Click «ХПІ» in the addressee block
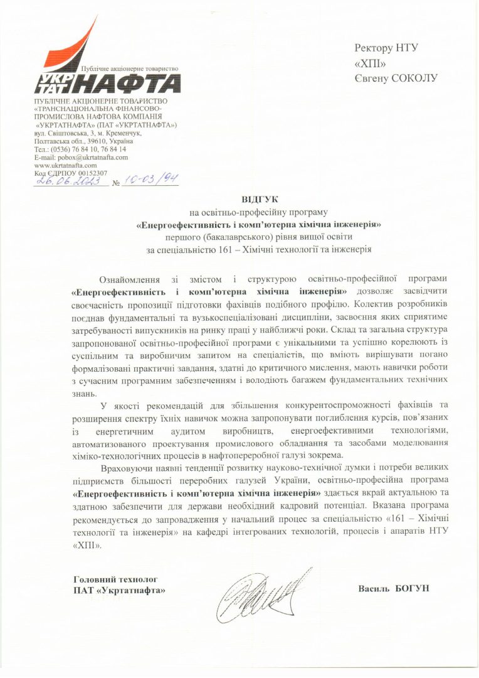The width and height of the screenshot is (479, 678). (x=370, y=63)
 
